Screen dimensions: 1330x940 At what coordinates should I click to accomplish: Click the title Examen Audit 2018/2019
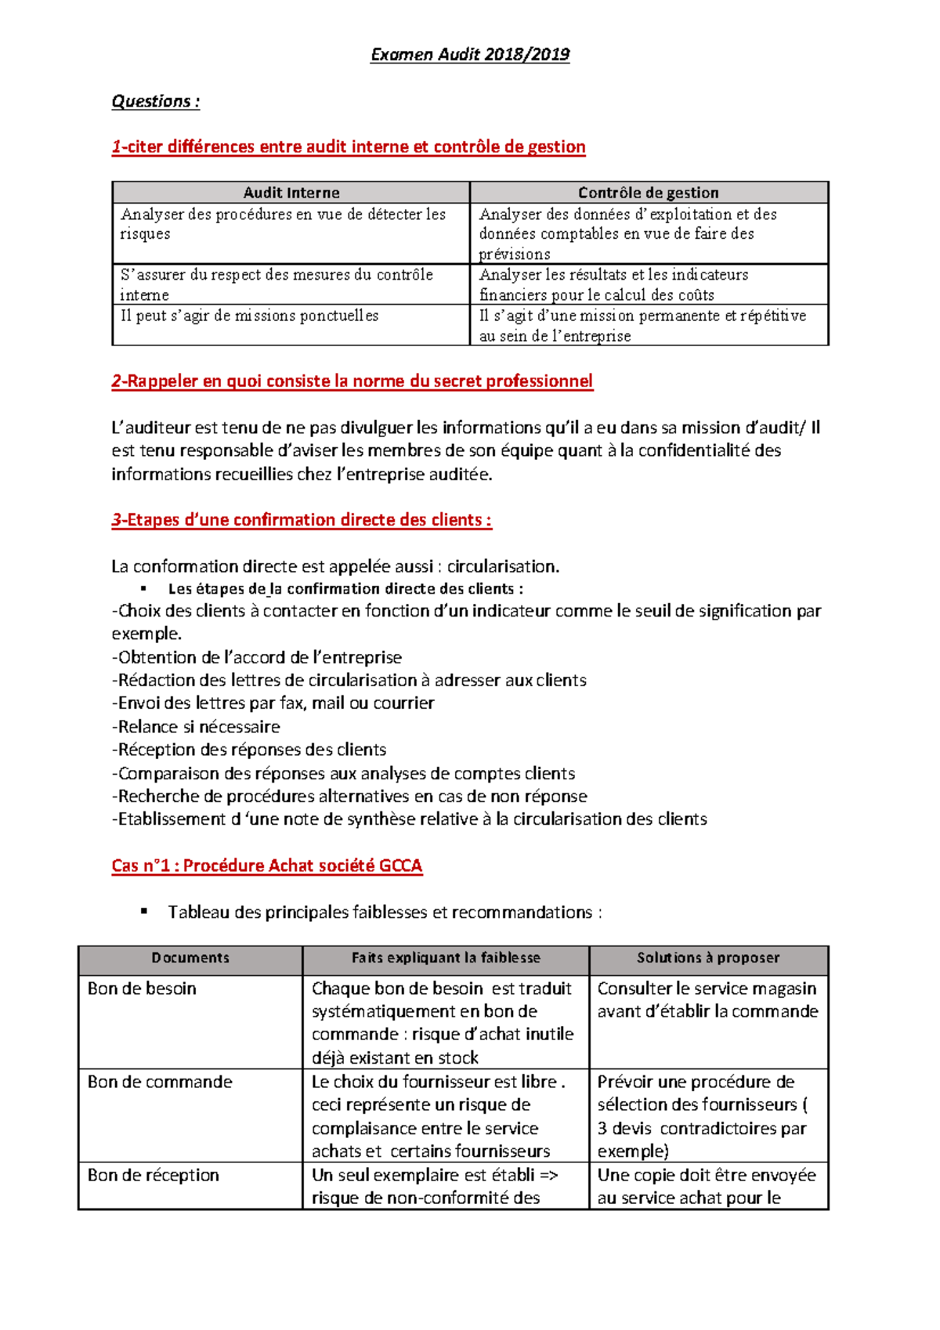(x=469, y=54)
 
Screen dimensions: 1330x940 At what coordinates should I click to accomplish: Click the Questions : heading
(x=155, y=101)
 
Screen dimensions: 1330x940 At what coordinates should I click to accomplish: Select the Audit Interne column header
(x=291, y=193)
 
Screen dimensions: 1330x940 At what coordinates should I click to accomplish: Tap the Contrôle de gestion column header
(x=648, y=193)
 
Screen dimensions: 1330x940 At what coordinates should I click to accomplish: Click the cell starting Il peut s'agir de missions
(x=249, y=316)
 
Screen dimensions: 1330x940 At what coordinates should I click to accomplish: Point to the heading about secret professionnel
(x=352, y=381)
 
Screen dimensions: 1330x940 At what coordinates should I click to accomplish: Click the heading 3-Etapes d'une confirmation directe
(x=301, y=520)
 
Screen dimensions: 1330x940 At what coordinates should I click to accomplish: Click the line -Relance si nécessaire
(x=196, y=726)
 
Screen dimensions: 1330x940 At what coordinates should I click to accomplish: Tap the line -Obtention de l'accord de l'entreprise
(x=256, y=657)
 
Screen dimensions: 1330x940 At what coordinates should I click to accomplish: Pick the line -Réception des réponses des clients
(x=248, y=750)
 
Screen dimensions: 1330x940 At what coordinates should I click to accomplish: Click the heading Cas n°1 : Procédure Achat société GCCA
(x=266, y=866)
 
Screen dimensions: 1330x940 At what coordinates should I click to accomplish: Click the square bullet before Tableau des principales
(x=144, y=911)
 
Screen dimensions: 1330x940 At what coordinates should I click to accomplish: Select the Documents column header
(x=190, y=958)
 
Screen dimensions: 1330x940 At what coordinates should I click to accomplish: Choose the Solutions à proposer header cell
(x=707, y=958)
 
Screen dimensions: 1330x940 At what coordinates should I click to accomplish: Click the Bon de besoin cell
(x=142, y=988)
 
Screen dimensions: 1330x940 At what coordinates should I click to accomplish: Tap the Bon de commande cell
(x=160, y=1082)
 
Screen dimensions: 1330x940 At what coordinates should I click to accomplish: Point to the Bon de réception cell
(x=153, y=1175)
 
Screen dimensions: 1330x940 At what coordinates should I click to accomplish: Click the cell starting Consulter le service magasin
(x=707, y=999)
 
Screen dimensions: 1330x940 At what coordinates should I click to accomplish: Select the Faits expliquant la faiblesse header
(x=445, y=958)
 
